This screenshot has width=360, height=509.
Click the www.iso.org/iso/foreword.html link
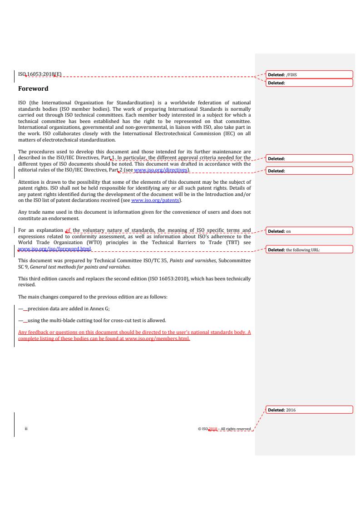(55, 249)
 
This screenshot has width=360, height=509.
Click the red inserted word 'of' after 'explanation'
(69, 231)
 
